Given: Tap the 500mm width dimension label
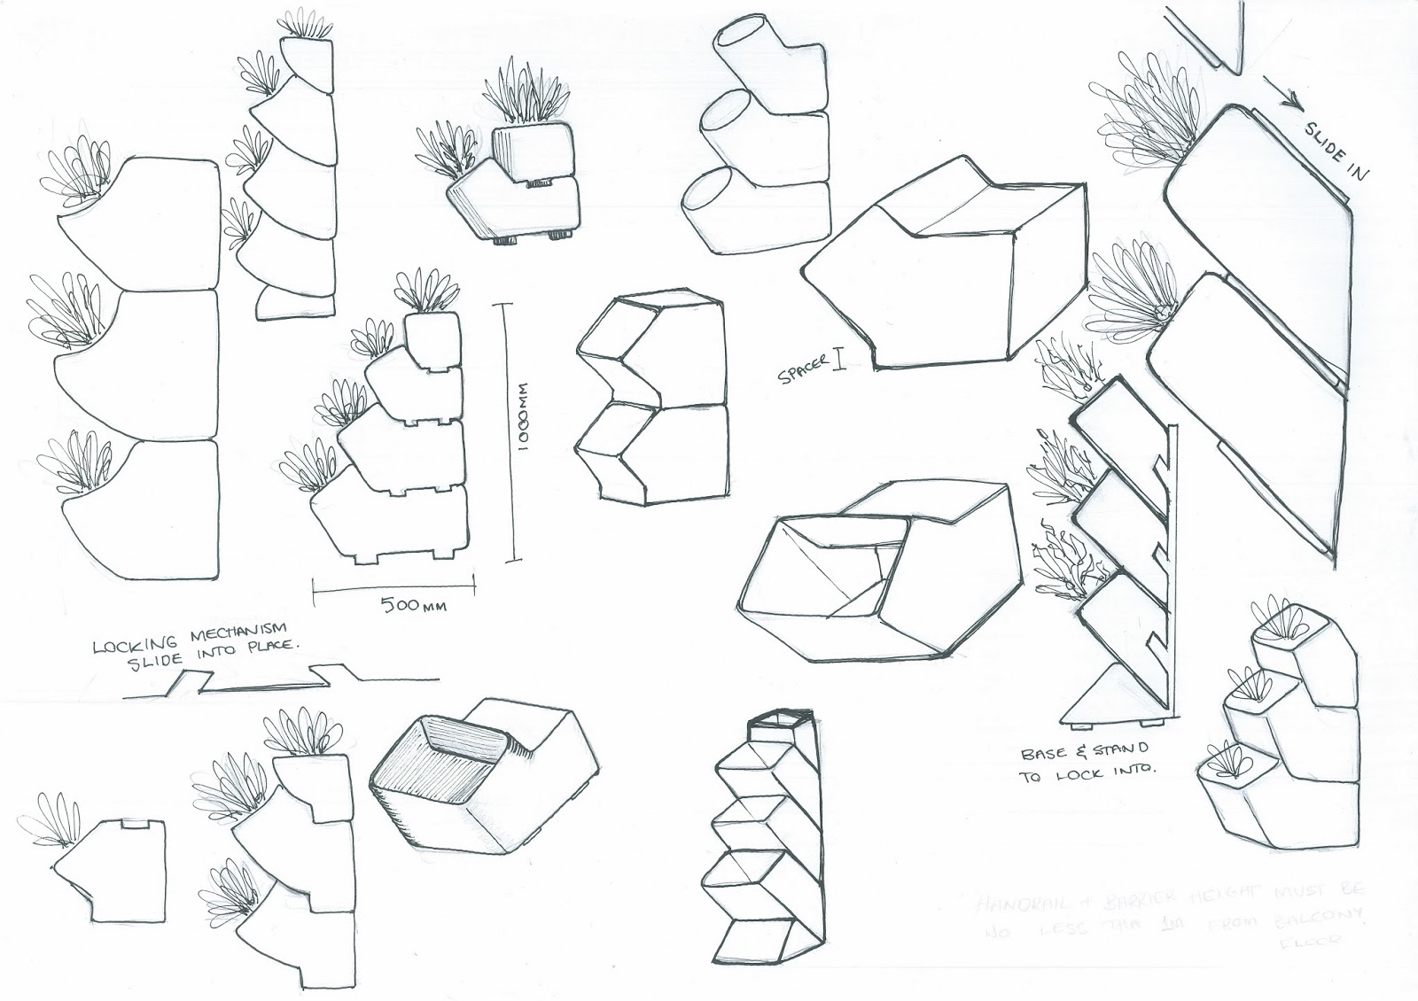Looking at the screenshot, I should [x=414, y=606].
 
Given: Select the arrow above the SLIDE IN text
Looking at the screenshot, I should [x=1282, y=98].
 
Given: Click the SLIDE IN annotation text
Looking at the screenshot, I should [x=1335, y=149].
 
